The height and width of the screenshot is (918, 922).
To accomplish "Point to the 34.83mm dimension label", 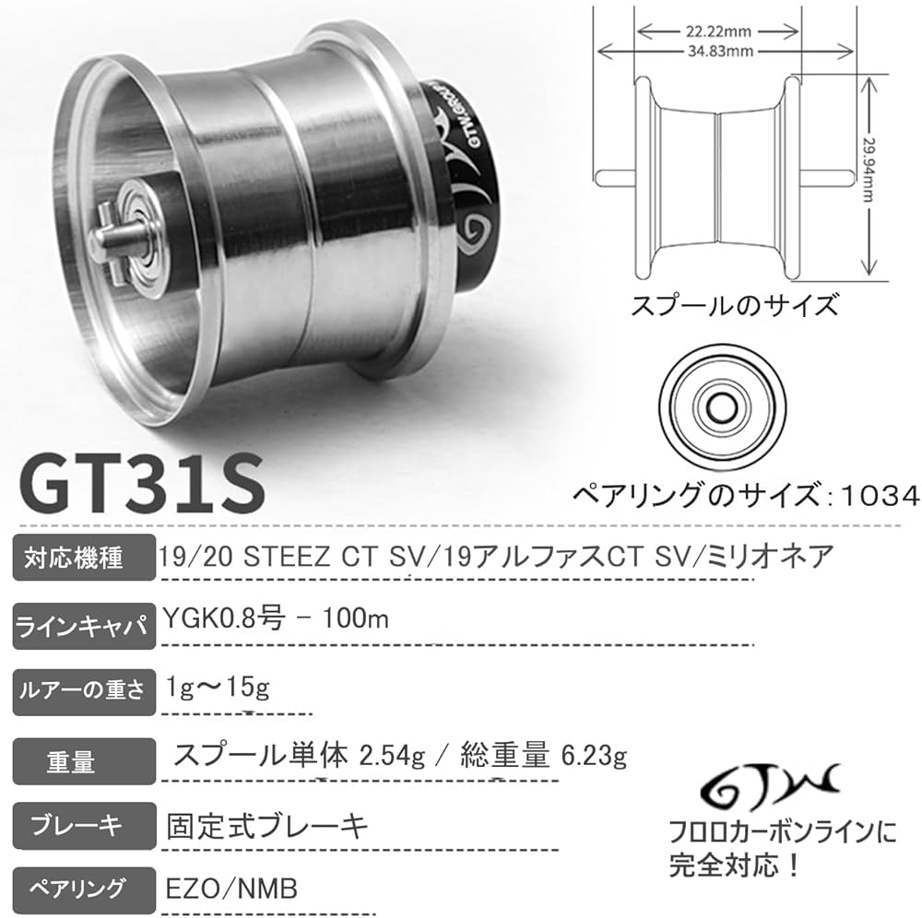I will pos(717,52).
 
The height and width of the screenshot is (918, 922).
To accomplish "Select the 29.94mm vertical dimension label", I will pos(892,174).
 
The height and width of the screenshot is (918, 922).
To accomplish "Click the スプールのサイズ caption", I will pos(734,303).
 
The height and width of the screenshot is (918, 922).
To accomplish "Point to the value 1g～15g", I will pos(219,688).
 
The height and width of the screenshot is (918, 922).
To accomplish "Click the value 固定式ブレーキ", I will pos(267,823).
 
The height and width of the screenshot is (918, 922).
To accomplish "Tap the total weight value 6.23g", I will pos(594,758).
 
